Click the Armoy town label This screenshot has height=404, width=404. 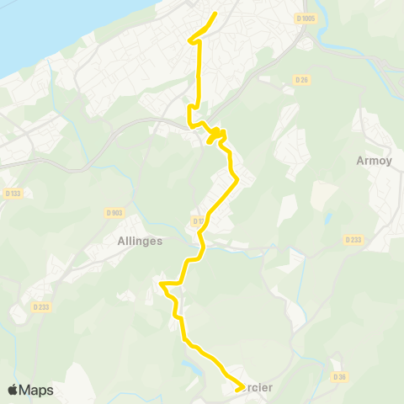pyautogui.click(x=375, y=161)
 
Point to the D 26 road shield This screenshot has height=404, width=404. pyautogui.click(x=301, y=79)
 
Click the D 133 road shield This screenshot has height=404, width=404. pyautogui.click(x=12, y=194)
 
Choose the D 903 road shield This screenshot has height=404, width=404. pyautogui.click(x=114, y=212)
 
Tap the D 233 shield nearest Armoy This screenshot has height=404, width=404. pyautogui.click(x=353, y=240)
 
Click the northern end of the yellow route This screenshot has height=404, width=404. pyautogui.click(x=215, y=13)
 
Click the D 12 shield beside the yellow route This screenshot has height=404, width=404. pyautogui.click(x=198, y=221)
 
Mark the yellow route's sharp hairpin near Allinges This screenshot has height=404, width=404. pyautogui.click(x=162, y=285)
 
